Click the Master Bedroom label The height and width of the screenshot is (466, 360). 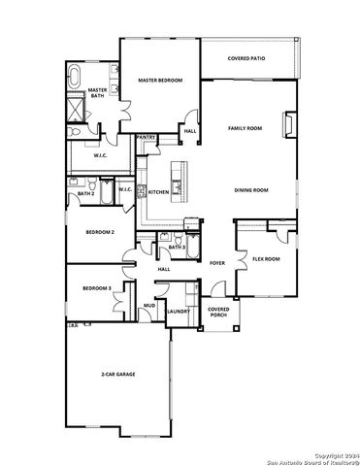click(159, 81)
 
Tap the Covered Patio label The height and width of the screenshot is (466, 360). click(246, 58)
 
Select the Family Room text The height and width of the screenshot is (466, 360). click(245, 128)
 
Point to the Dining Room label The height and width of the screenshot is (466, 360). click(250, 190)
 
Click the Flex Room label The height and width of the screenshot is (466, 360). click(266, 259)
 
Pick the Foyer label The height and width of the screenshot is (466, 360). click(217, 263)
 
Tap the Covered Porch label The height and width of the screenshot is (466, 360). click(218, 312)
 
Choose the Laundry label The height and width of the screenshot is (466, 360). click(178, 312)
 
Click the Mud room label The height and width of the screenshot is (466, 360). click(149, 306)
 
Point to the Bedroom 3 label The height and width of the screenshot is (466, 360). click(96, 288)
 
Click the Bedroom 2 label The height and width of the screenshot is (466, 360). click(100, 233)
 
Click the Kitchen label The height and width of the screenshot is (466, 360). click(158, 192)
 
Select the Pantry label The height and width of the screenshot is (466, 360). click(147, 138)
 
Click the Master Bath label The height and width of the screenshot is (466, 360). click(97, 93)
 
